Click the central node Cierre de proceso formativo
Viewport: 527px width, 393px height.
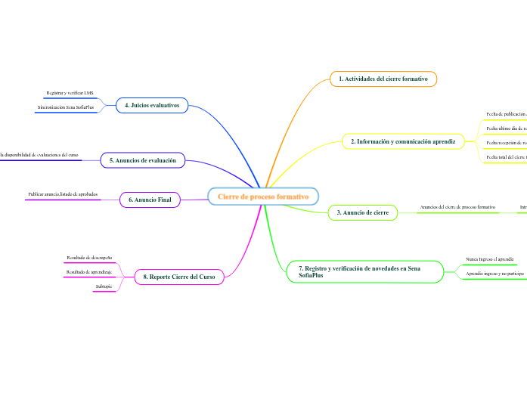pyautogui.click(x=263, y=196)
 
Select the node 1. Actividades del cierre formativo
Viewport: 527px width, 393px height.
pyautogui.click(x=383, y=79)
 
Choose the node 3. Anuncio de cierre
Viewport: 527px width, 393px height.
pyautogui.click(x=363, y=213)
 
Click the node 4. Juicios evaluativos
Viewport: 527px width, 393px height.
pyautogui.click(x=152, y=106)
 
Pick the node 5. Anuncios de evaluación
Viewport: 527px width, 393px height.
pyautogui.click(x=143, y=160)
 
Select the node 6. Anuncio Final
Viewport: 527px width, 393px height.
pyautogui.click(x=150, y=200)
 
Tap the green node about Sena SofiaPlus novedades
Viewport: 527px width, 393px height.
pyautogui.click(x=364, y=272)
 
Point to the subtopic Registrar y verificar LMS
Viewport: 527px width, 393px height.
pyautogui.click(x=70, y=92)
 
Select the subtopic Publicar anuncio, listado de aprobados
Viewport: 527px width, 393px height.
pyautogui.click(x=63, y=194)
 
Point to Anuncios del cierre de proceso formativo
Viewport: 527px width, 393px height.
pyautogui.click(x=457, y=206)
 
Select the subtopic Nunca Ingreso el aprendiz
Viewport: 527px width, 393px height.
pyautogui.click(x=489, y=258)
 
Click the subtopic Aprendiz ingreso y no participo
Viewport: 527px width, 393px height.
pyautogui.click(x=494, y=273)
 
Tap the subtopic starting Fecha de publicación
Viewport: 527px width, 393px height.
pyautogui.click(x=505, y=114)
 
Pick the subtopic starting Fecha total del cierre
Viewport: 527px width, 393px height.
pyautogui.click(x=505, y=156)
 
